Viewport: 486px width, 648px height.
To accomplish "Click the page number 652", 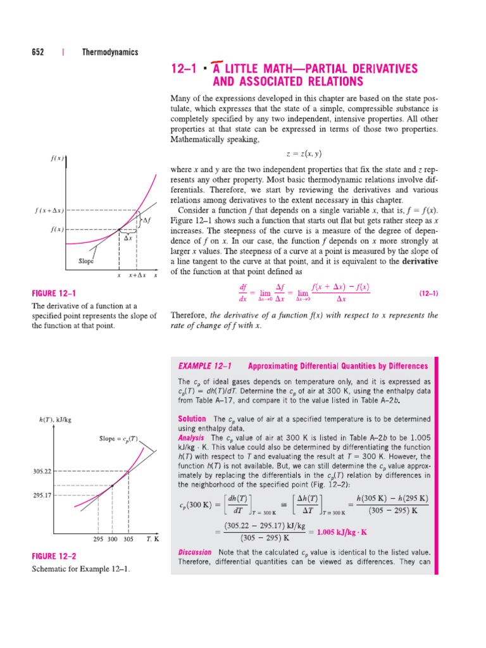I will [x=38, y=53].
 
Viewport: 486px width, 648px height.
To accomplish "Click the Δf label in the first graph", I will [x=147, y=220].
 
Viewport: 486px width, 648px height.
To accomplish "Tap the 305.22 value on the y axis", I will [x=41, y=471].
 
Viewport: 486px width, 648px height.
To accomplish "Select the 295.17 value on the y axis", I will [x=41, y=495].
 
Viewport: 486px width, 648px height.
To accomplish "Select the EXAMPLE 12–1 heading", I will [x=205, y=366].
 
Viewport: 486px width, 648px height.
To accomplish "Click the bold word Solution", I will [x=192, y=419].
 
